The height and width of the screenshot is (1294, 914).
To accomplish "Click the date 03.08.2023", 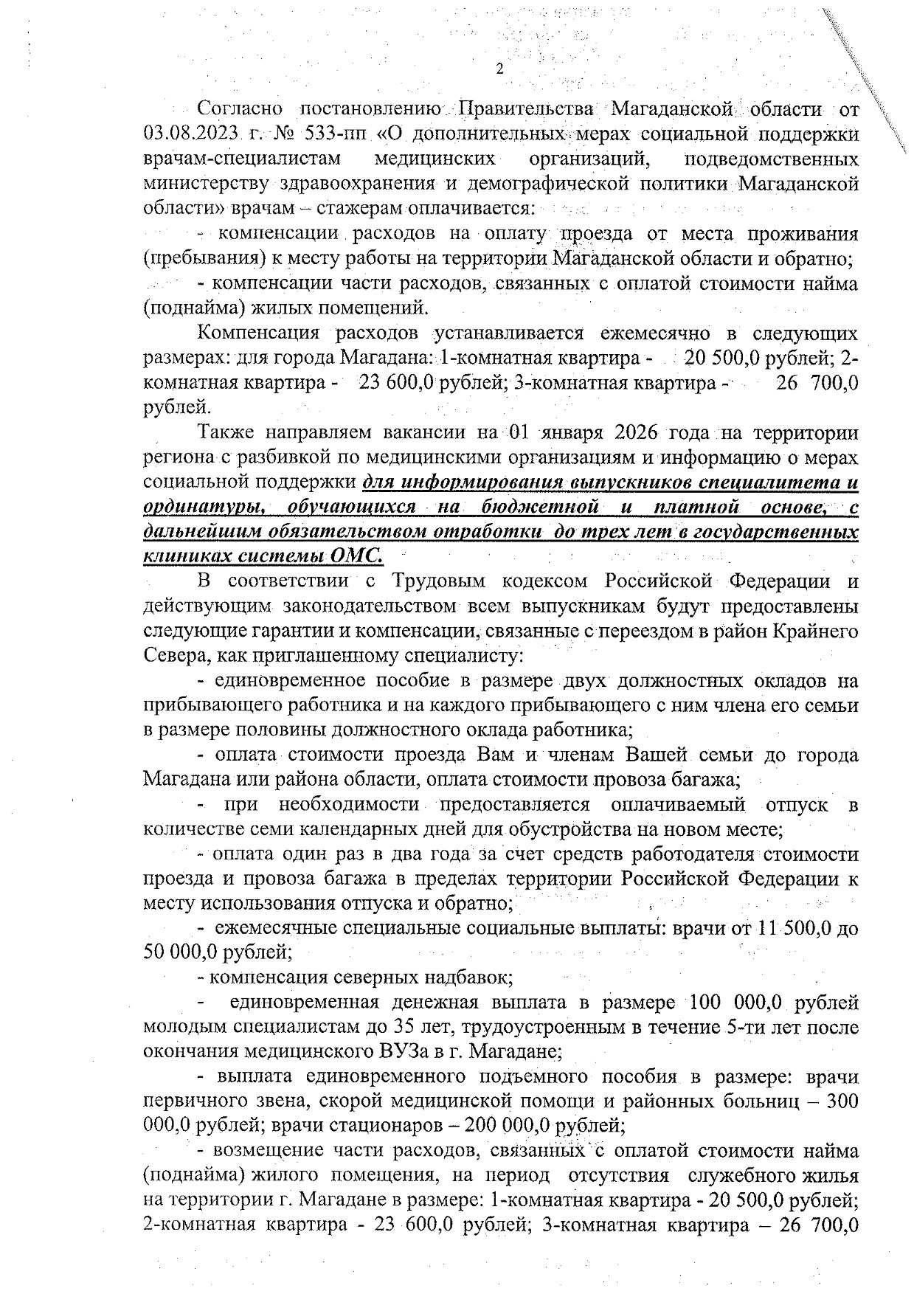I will [194, 135].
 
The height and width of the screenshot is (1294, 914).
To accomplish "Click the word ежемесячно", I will [655, 333].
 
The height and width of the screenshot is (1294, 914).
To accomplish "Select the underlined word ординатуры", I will [194, 508].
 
